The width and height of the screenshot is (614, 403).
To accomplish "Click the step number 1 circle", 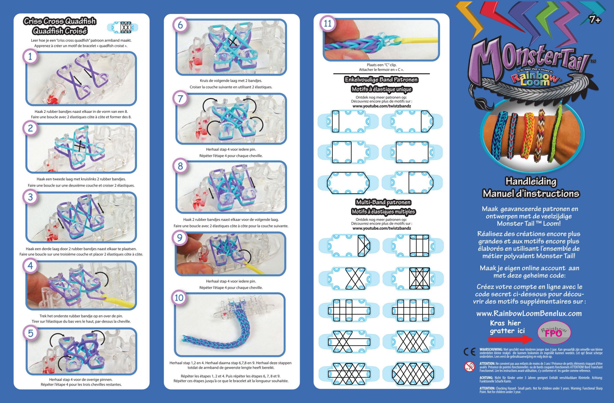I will click(30, 56).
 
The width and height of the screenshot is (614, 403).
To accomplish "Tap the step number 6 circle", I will click(180, 25).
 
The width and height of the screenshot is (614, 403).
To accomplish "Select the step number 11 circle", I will click(328, 23).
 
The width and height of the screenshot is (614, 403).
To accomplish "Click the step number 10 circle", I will click(179, 298).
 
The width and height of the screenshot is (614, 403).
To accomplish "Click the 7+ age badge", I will click(595, 20).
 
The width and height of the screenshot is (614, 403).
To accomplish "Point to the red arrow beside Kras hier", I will click(510, 339).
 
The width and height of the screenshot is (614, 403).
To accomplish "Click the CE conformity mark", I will click(469, 352).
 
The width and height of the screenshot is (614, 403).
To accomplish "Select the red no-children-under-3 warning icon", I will click(470, 366).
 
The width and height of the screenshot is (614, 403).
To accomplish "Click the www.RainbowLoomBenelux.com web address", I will click(529, 314).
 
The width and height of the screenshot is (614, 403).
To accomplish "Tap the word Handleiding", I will click(531, 181).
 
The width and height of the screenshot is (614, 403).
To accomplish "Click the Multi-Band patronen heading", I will click(383, 202).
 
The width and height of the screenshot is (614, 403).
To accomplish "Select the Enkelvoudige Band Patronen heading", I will click(381, 80).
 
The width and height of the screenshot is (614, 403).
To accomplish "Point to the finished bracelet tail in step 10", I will click(214, 340).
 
